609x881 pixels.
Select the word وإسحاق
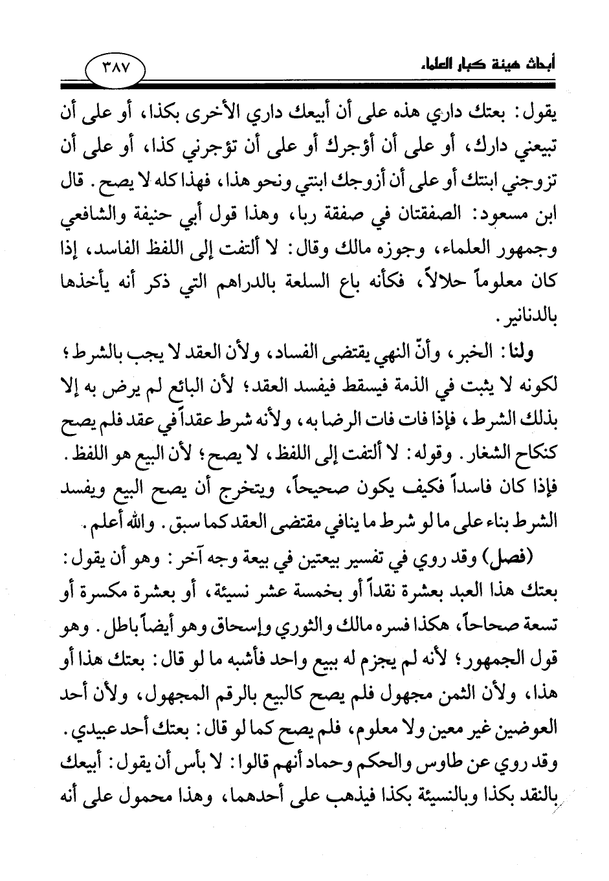226,621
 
